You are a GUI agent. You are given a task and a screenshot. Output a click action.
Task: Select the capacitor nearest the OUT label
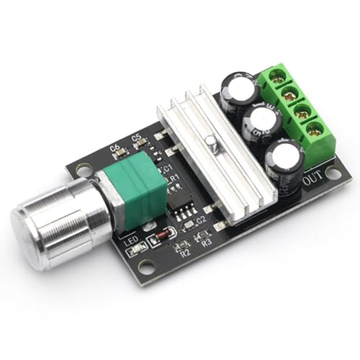(x=285, y=168)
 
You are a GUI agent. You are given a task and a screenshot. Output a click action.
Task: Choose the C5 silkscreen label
(x=136, y=137)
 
